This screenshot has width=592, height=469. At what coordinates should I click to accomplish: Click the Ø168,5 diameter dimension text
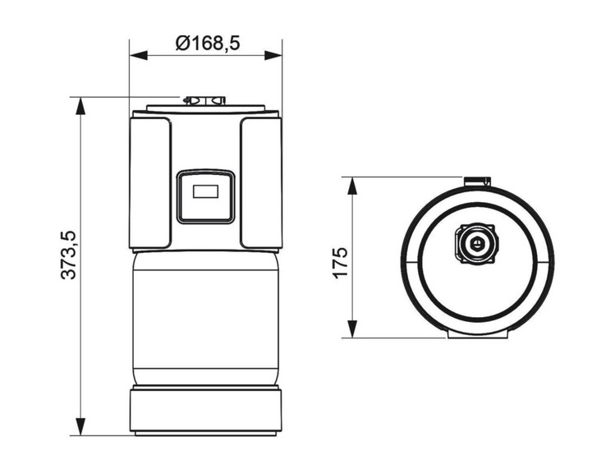click(206, 43)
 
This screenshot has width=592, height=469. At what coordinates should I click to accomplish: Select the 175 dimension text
click(341, 260)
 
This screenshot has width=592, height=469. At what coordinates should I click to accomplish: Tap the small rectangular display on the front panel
click(206, 193)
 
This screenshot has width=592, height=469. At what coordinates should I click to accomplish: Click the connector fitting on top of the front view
click(204, 101)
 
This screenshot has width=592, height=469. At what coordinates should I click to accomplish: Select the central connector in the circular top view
click(475, 245)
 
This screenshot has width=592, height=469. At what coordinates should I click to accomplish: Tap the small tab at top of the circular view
click(476, 181)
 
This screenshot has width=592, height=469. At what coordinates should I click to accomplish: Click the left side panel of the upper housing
click(149, 182)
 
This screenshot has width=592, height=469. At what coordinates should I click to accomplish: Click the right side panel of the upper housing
click(261, 182)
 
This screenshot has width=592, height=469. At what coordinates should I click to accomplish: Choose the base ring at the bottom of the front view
click(206, 410)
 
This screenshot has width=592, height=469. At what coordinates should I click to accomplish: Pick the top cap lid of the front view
click(206, 109)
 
